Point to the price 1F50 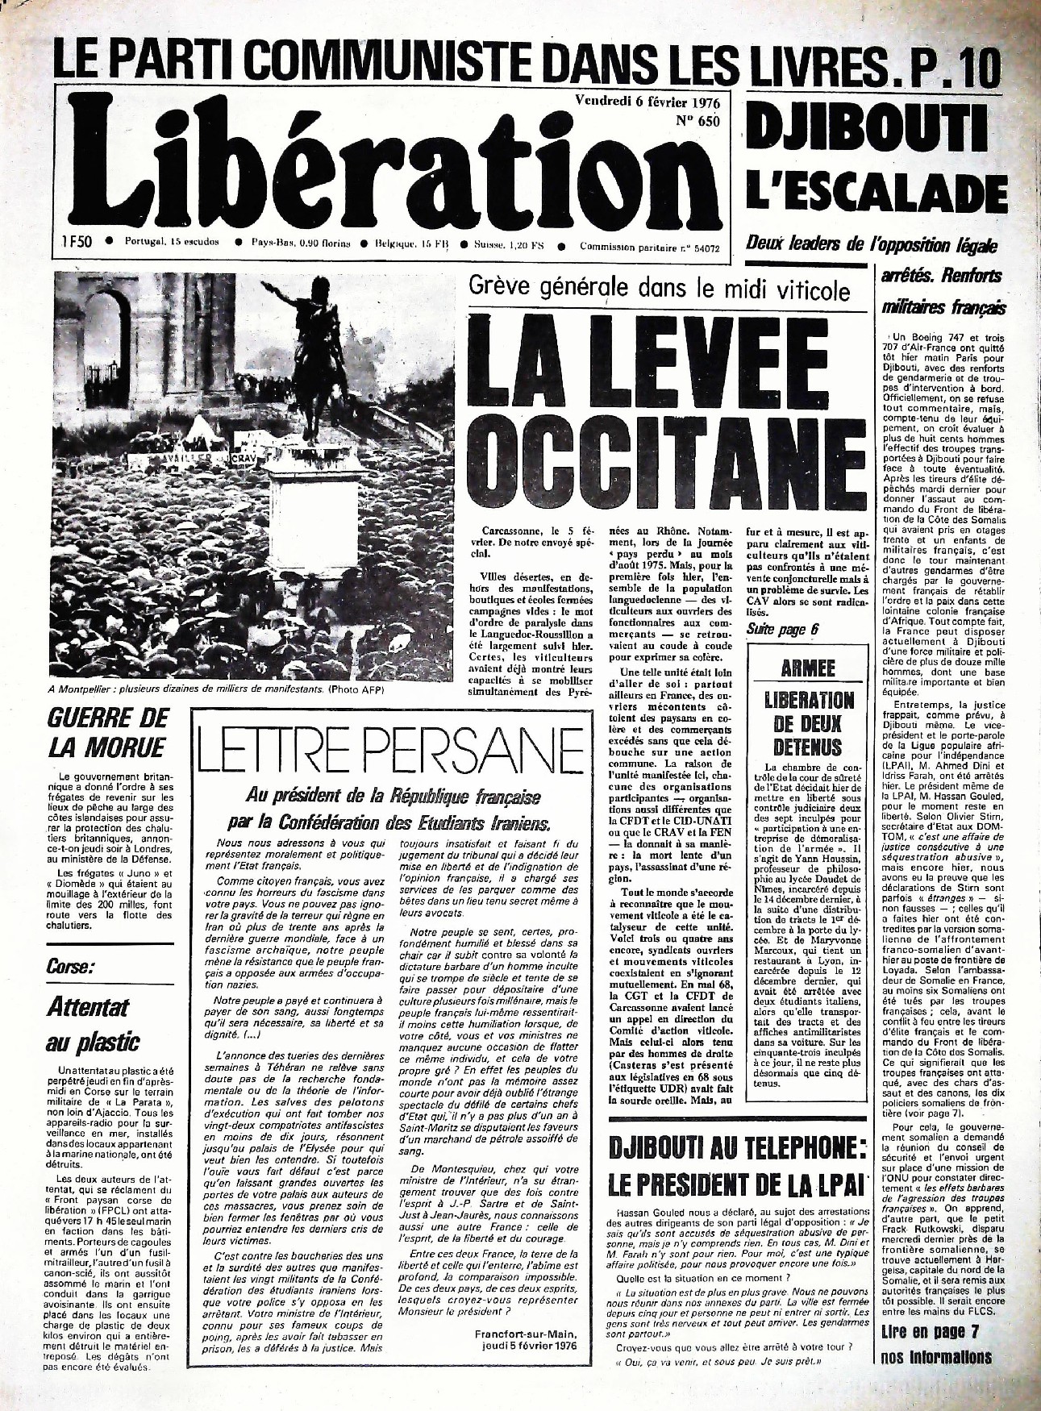(x=76, y=241)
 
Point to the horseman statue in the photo (x=310, y=359)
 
